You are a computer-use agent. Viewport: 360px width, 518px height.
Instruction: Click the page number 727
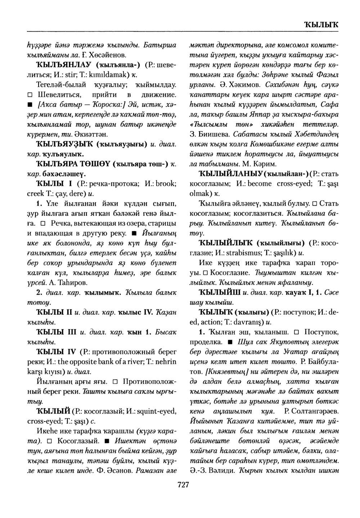pyautogui.click(x=183, y=485)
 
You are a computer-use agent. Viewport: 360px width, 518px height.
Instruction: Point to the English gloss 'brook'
pyautogui.click(x=156, y=184)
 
